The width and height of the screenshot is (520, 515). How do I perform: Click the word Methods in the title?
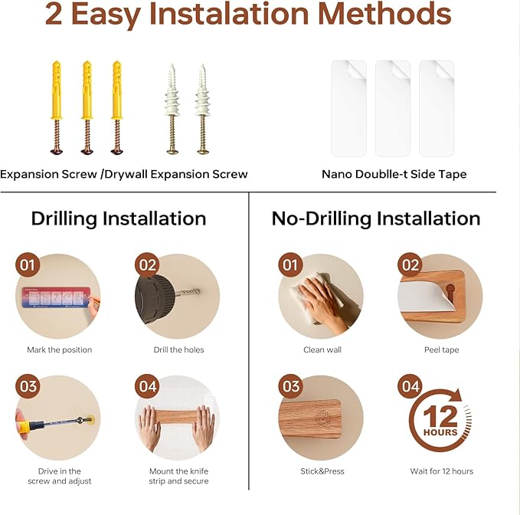[384, 14]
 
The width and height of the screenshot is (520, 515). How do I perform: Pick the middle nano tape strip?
[393, 108]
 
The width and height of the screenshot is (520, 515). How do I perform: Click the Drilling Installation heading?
[119, 218]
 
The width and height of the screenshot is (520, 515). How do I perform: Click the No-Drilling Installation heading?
[376, 218]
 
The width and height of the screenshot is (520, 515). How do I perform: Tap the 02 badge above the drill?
[147, 265]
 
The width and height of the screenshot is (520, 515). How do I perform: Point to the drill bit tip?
[199, 292]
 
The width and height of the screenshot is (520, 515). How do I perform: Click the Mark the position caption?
[60, 349]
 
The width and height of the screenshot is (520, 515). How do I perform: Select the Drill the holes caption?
[178, 349]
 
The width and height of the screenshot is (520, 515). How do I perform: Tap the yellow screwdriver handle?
[23, 425]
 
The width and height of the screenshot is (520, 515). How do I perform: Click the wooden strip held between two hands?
[178, 417]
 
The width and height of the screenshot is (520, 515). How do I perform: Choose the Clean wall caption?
[322, 349]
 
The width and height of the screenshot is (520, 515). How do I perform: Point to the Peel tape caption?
[442, 349]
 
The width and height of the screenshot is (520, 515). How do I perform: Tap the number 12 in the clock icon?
[440, 416]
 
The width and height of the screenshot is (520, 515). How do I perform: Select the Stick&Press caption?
[322, 471]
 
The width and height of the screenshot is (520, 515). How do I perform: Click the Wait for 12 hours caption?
[442, 471]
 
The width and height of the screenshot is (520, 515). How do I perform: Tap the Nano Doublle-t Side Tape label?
[394, 174]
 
